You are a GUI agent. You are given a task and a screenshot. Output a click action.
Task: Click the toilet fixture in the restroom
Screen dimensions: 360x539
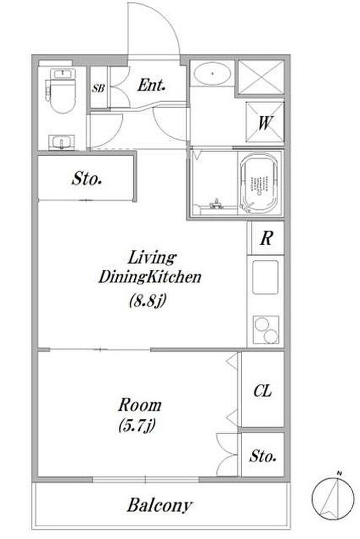62,90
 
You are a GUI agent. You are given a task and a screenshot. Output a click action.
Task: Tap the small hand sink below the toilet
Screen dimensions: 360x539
62,142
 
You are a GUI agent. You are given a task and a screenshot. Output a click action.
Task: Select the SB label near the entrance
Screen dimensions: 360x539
98,88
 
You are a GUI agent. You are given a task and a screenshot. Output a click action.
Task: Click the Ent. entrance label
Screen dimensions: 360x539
151,85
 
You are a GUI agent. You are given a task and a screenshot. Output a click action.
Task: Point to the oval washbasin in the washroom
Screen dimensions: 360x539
212,73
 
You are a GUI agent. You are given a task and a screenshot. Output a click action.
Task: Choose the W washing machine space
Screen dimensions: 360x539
265,123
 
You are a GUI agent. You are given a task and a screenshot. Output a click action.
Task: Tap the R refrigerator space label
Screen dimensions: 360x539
266,238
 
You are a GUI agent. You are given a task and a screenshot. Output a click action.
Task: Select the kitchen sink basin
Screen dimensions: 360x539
265,277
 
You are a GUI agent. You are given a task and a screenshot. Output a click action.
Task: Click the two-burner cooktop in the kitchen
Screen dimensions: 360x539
266,329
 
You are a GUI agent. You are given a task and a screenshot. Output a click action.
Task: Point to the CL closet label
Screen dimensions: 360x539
263,391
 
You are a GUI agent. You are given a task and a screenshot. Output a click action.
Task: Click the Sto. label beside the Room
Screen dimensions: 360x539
263,456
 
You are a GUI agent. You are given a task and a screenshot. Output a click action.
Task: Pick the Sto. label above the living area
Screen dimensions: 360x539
86,179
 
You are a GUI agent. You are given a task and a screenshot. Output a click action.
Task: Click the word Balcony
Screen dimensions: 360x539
159,505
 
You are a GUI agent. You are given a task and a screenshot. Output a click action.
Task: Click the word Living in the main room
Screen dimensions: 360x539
152,258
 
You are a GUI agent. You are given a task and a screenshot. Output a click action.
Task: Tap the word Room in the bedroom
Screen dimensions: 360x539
140,405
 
